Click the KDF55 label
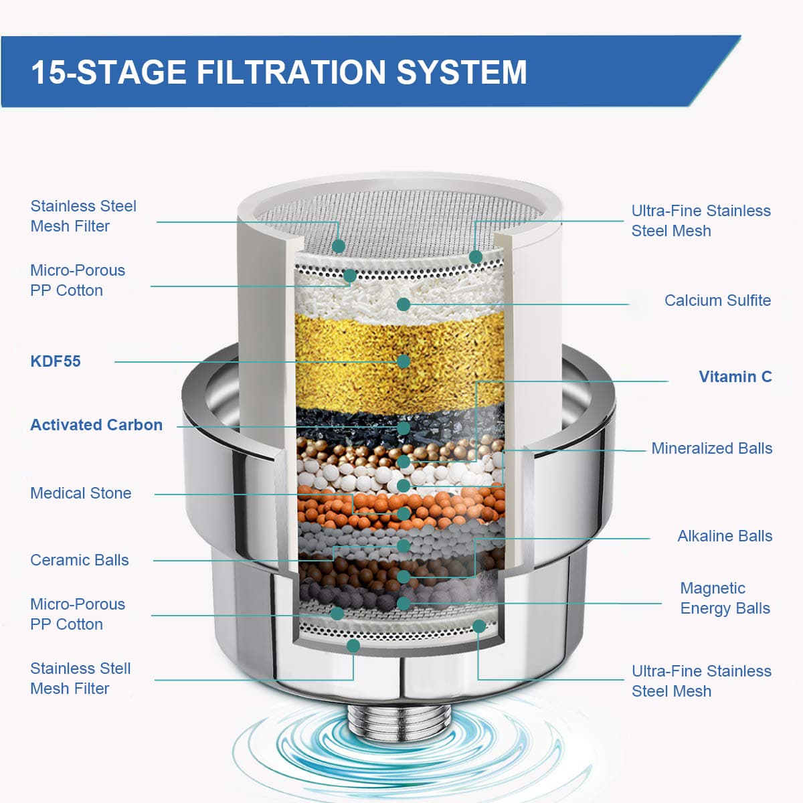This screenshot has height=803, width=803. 56,361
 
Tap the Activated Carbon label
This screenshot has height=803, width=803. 96,425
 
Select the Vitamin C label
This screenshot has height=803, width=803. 735,377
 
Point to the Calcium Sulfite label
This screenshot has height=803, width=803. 717,300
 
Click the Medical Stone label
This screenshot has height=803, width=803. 81,493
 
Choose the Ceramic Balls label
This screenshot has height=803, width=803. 80,560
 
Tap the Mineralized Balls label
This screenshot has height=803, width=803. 712,448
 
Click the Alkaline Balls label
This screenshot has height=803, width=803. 725,536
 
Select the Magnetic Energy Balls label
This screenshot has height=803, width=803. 725,598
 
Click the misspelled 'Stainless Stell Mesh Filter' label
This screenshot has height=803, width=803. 80,679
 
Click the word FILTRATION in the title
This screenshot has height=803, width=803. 291,72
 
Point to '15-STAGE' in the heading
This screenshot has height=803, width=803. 108,72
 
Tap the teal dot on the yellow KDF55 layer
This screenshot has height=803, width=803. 404,361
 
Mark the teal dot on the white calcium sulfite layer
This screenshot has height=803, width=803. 404,304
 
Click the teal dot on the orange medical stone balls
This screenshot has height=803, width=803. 404,514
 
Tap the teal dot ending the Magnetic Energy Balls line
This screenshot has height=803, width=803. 404,603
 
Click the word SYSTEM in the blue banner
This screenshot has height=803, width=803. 462,72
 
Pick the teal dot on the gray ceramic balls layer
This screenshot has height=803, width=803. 404,545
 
